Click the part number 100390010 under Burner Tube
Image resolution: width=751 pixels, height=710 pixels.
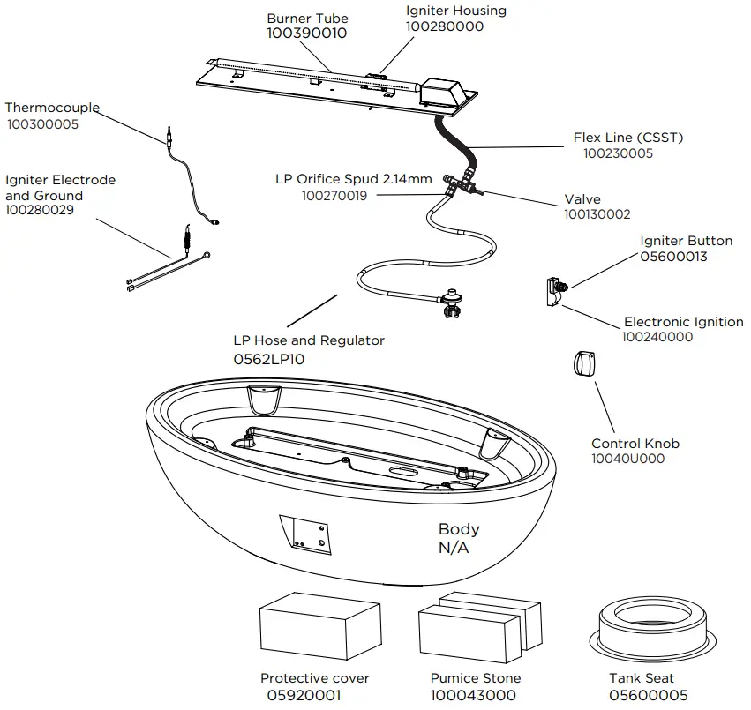pos(307,34)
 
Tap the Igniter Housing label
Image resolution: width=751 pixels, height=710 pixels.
pos(455,11)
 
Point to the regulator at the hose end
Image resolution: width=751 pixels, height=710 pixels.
pos(453,303)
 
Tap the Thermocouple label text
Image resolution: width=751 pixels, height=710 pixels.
pos(52,108)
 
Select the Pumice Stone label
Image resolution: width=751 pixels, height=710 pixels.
pos(476,678)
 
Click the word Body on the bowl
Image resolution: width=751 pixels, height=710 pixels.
pos(459,529)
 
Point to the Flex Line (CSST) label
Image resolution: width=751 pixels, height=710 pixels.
pos(627,138)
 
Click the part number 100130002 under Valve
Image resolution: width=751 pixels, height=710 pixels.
pos(597,214)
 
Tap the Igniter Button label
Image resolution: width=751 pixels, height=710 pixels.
pos(686,241)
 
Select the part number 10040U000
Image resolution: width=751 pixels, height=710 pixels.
pos(628,459)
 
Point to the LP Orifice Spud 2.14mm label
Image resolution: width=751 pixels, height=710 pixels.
pos(353,179)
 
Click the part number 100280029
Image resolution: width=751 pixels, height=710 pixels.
pos(40,211)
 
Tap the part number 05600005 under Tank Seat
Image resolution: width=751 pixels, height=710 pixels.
pos(648,695)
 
